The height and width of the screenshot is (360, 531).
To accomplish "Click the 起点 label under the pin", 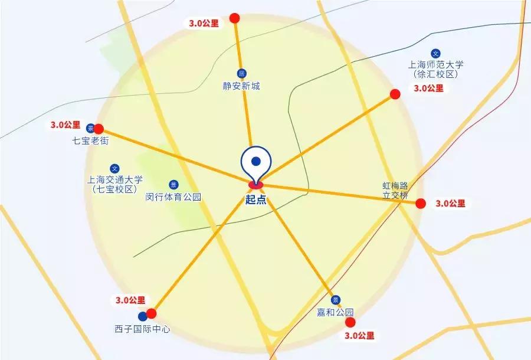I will [256, 199].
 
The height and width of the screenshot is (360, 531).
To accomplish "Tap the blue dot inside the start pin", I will [255, 161].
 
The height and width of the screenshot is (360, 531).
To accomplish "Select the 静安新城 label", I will [241, 86].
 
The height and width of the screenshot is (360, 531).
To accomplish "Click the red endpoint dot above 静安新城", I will [235, 18].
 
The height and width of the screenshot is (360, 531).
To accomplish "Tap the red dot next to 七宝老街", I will [99, 129].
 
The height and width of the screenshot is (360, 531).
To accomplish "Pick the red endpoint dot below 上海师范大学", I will [395, 93].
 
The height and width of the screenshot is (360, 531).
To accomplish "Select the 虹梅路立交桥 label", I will [395, 189].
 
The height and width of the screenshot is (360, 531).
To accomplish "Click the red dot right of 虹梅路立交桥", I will [421, 204].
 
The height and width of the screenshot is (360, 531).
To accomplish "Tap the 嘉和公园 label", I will [335, 312].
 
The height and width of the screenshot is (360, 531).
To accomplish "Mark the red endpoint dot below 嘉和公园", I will [350, 322].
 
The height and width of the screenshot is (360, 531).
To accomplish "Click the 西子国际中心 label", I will [142, 329].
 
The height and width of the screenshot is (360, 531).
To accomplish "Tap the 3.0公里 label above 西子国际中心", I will [127, 300].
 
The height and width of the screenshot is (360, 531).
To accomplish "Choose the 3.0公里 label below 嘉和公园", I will [358, 336].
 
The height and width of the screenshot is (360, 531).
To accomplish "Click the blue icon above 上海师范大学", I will [436, 53].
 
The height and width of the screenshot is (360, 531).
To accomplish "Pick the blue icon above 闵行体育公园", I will [173, 184].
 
